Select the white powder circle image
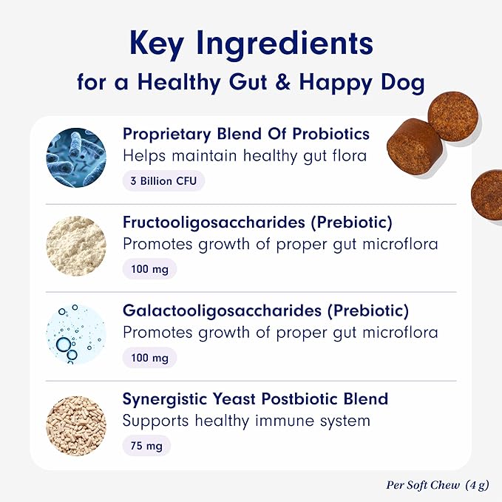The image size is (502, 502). (x=76, y=245)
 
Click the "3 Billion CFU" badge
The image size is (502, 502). (x=163, y=180)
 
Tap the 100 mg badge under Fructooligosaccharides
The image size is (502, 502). (x=149, y=269)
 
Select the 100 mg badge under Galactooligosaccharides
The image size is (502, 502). (x=149, y=358)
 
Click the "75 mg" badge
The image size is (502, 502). (x=146, y=445)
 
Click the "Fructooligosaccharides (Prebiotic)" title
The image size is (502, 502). (x=257, y=223)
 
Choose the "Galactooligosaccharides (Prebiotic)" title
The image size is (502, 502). (x=265, y=311)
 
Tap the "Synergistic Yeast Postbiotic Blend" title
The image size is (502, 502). (x=255, y=399)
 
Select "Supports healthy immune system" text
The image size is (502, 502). (x=246, y=421)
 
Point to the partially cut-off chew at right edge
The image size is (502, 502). (x=488, y=194)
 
